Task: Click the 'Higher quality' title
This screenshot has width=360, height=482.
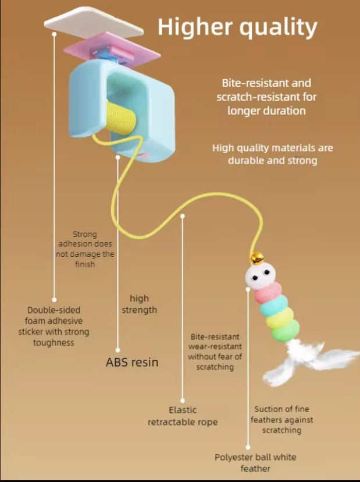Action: (237, 27)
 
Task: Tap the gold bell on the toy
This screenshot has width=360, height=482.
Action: (256, 258)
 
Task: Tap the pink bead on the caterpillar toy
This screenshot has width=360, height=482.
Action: (268, 292)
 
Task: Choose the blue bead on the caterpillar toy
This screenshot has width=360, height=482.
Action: (275, 306)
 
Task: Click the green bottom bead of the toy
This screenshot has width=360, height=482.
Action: (286, 332)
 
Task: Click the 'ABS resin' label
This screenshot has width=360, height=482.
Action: (132, 362)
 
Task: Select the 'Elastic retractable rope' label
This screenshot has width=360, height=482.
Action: (183, 416)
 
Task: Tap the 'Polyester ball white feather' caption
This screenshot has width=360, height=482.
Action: (255, 462)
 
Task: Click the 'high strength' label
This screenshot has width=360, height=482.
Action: (139, 304)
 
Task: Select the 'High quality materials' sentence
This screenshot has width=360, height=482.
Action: (273, 154)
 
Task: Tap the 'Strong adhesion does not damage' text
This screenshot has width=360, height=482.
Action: (85, 249)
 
